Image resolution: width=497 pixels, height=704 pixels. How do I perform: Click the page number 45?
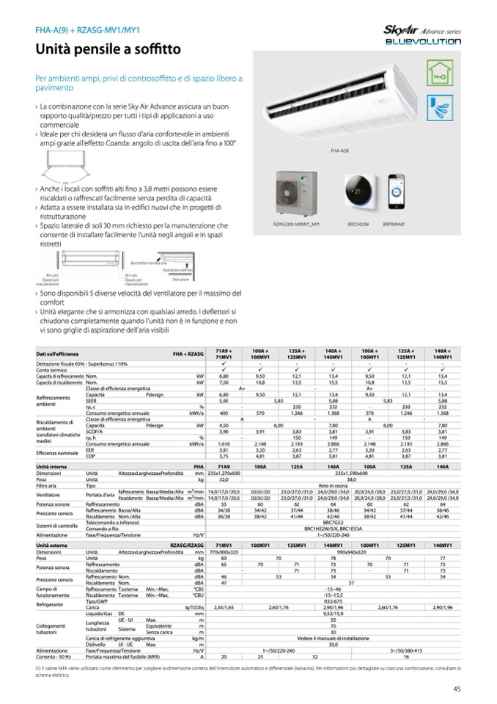[456, 688]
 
